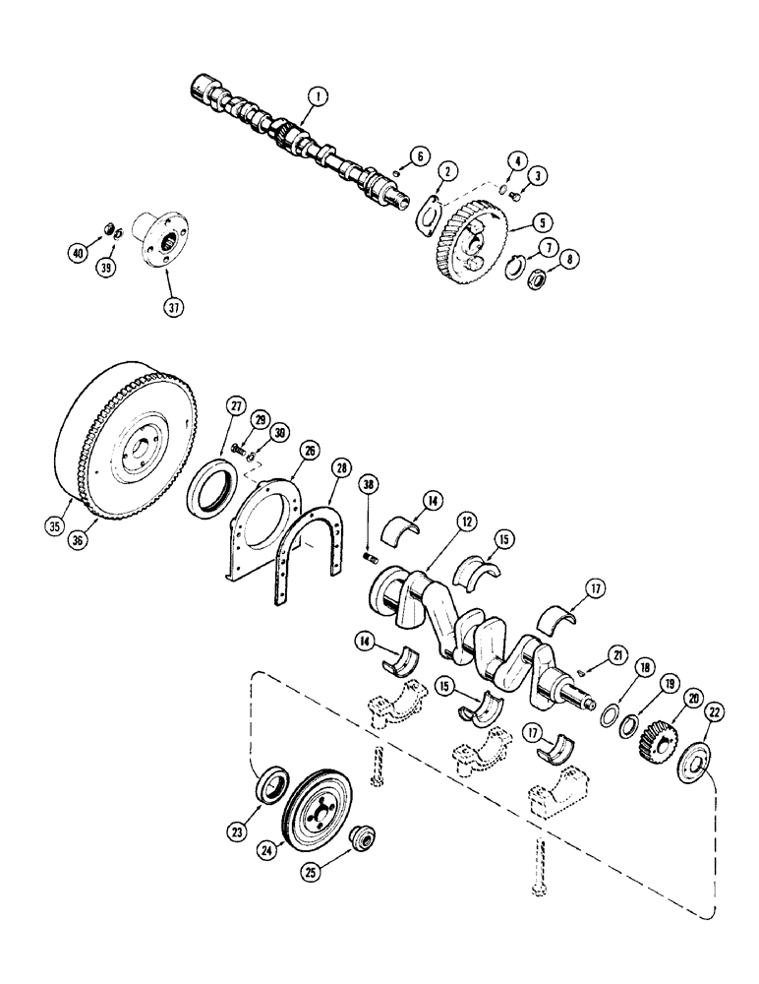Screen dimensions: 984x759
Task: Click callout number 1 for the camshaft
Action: tap(316, 96)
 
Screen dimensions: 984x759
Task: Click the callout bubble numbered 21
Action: tap(616, 654)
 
